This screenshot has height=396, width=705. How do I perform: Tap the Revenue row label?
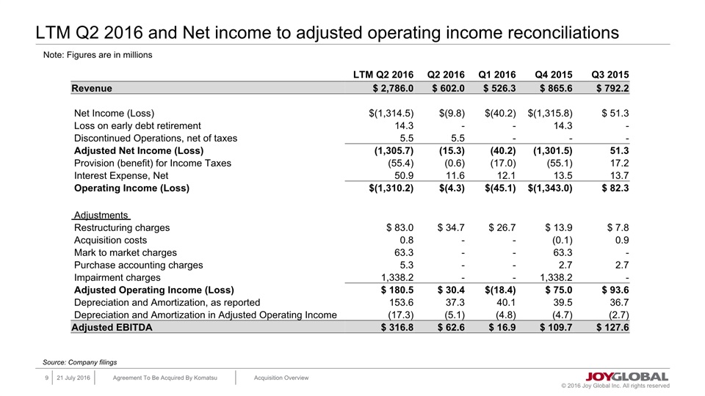click(x=92, y=89)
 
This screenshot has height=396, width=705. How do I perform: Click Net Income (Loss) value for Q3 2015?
click(x=615, y=113)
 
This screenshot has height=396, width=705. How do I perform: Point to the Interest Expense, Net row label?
click(x=121, y=176)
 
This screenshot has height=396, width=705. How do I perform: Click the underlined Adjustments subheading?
click(x=101, y=216)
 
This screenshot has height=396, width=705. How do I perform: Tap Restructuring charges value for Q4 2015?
click(x=554, y=227)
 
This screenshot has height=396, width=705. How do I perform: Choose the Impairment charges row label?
click(x=117, y=278)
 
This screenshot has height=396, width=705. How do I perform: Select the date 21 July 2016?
click(x=73, y=378)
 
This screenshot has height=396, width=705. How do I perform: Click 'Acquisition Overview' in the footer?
click(x=281, y=378)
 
